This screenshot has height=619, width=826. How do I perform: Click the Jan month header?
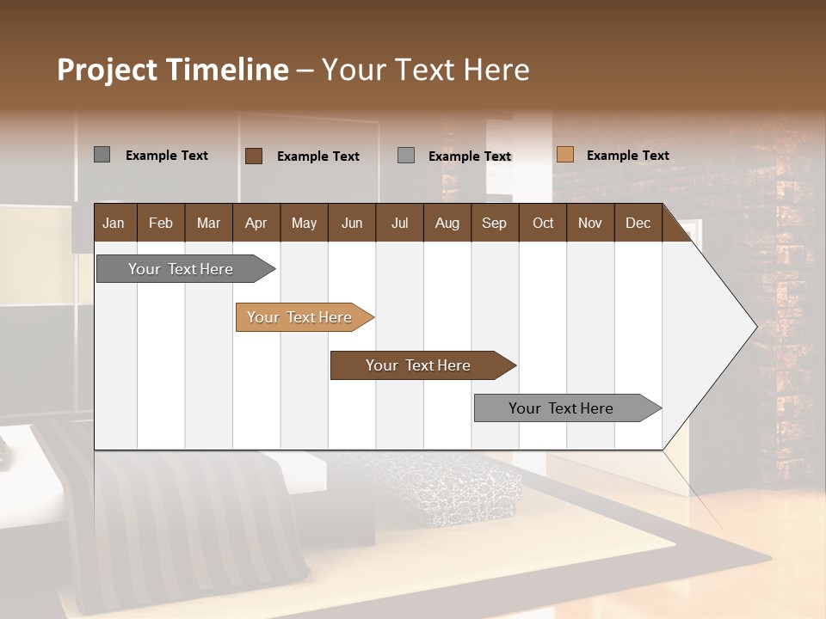[114, 223]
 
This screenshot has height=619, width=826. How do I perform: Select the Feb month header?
[161, 223]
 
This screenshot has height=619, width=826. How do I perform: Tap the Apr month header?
[256, 223]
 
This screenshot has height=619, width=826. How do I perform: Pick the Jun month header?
[352, 223]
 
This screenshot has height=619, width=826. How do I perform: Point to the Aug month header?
[447, 223]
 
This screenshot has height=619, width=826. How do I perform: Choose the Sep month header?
[494, 223]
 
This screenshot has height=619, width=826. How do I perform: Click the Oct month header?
[543, 223]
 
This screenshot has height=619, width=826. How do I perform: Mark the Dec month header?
[638, 223]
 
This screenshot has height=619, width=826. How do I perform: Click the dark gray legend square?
[102, 155]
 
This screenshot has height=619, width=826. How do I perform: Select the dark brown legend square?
[254, 156]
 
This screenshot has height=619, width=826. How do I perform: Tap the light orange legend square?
[564, 155]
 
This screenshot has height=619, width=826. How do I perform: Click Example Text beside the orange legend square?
[627, 156]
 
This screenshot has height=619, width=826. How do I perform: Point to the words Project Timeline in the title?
[173, 70]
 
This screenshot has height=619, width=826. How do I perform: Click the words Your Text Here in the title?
[425, 70]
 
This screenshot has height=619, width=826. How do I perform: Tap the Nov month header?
[589, 223]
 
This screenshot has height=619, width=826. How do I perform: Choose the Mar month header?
[208, 223]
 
